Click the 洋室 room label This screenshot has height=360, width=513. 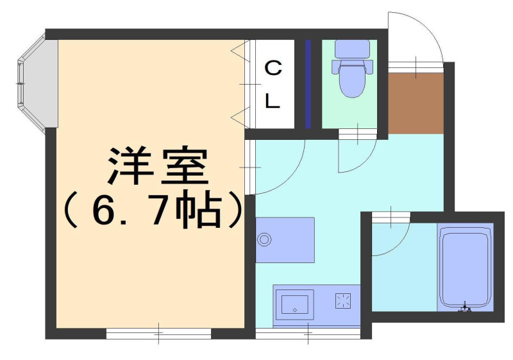pyautogui.click(x=158, y=166)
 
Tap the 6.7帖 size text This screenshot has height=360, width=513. pyautogui.click(x=153, y=209)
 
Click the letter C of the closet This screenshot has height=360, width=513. pyautogui.click(x=273, y=68)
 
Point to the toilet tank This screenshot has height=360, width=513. pyautogui.click(x=352, y=49)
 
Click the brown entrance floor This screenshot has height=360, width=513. pyautogui.click(x=416, y=103)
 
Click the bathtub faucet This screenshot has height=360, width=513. pyautogui.click(x=464, y=307)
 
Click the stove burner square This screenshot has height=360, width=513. pyautogui.click(x=343, y=300)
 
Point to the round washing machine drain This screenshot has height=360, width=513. pyautogui.click(x=264, y=239)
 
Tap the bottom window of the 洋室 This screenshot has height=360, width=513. pyautogui.click(x=158, y=334)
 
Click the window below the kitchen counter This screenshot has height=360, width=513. pyautogui.click(x=308, y=334)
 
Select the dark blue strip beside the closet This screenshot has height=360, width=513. pyautogui.click(x=308, y=84)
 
